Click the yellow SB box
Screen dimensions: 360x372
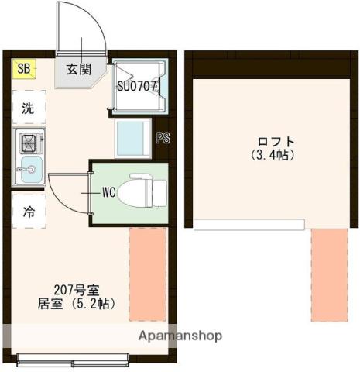(x=24, y=69)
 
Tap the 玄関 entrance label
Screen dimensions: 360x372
(x=79, y=69)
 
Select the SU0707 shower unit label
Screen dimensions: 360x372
(x=137, y=86)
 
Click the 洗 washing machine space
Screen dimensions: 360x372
(x=29, y=107)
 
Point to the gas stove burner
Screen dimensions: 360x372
(x=29, y=143)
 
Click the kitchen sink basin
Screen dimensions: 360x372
(x=31, y=169)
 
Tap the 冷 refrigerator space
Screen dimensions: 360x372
(x=29, y=212)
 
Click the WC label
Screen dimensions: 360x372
(x=109, y=192)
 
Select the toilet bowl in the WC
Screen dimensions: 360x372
(x=134, y=193)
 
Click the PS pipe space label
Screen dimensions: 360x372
(x=163, y=138)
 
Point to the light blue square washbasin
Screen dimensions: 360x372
(x=132, y=138)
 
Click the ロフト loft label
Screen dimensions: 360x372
(x=276, y=142)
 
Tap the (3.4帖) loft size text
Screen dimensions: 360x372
(x=273, y=155)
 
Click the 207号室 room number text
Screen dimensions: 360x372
(x=77, y=291)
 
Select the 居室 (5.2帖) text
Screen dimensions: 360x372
(x=77, y=304)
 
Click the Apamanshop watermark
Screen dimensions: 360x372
(x=180, y=336)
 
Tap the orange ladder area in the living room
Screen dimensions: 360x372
(x=148, y=274)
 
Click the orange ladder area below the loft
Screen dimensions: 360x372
(x=329, y=275)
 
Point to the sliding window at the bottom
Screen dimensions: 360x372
(x=73, y=360)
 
